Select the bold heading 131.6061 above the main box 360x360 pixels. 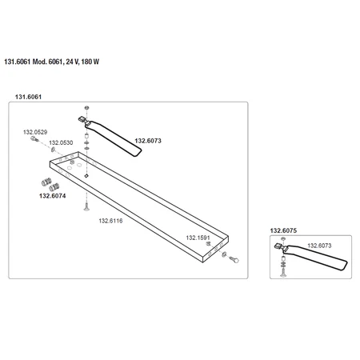tap(29, 97)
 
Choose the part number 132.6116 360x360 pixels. tap(110, 220)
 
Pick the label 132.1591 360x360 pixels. tap(198, 238)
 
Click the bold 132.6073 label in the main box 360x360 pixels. tap(148, 141)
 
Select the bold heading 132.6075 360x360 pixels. tap(283, 230)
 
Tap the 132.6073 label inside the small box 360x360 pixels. tap(320, 246)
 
